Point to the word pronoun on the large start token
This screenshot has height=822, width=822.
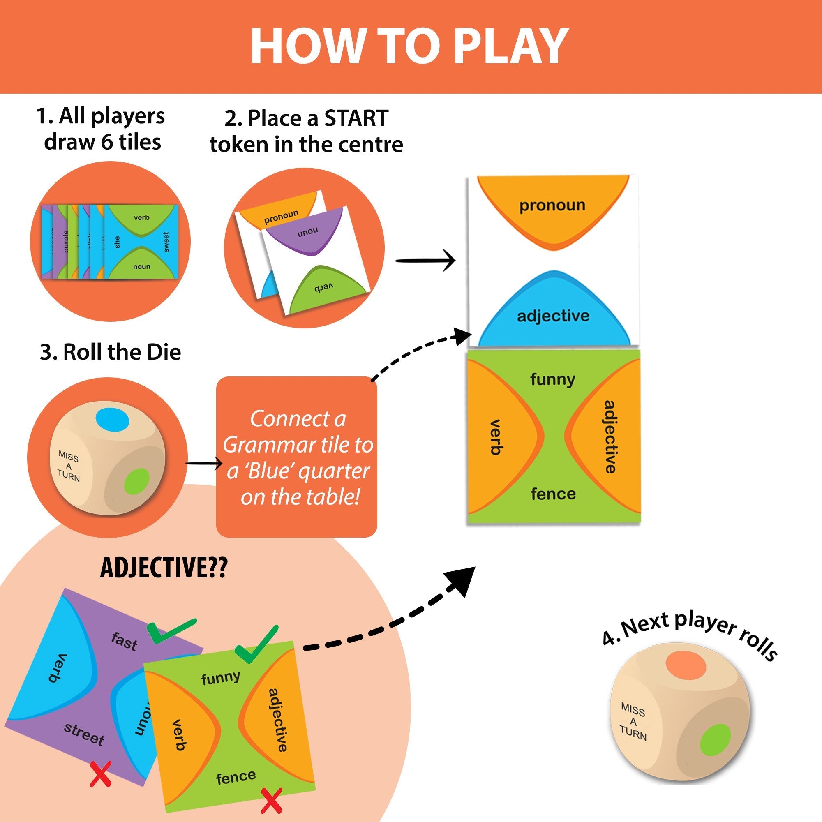click(x=552, y=205)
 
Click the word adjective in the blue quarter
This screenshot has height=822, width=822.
click(x=553, y=316)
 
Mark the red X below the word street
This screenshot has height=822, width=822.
click(x=101, y=774)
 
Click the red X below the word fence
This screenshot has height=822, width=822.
click(x=271, y=801)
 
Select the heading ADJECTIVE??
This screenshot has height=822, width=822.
click(x=164, y=568)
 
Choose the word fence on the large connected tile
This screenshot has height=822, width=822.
click(x=553, y=494)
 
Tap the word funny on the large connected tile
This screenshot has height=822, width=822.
click(x=552, y=379)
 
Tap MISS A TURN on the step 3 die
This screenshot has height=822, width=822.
click(x=69, y=466)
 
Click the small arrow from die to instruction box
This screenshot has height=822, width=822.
click(x=204, y=463)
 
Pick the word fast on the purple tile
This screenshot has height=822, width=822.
click(x=124, y=641)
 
